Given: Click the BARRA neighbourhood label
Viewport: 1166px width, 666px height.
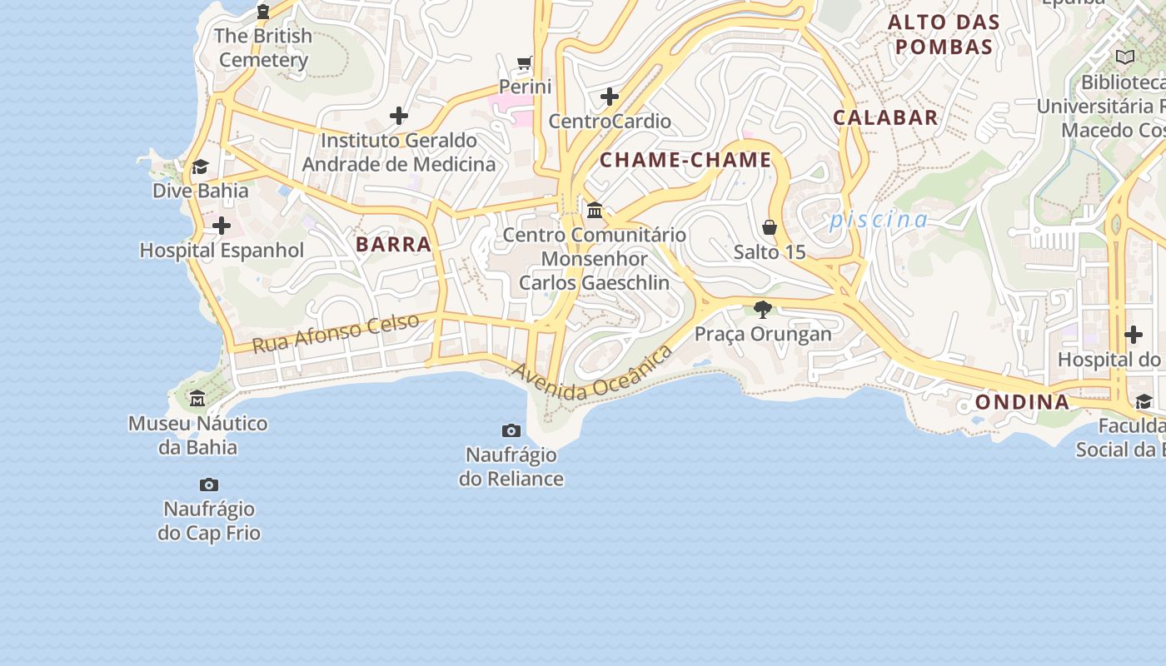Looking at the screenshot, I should [393, 244].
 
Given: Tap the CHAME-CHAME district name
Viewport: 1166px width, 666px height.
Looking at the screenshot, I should [685, 160].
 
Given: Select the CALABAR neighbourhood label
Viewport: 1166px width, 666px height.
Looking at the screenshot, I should [885, 117].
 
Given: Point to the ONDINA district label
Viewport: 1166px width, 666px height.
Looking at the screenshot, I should [1022, 402].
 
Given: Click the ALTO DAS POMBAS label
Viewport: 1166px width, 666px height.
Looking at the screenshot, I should [944, 34].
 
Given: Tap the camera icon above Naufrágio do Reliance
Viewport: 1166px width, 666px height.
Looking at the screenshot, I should [511, 430].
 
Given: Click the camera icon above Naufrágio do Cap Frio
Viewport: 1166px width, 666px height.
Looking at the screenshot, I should [209, 485].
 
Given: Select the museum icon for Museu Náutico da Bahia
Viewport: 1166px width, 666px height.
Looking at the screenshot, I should [197, 399].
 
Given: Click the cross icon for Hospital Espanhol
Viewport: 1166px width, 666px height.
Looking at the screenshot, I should [222, 226].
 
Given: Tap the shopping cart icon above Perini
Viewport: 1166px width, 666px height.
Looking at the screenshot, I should [525, 62].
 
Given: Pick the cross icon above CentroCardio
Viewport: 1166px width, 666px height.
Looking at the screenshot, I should [610, 97].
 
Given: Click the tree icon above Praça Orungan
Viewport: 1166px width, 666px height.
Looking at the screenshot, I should [762, 310].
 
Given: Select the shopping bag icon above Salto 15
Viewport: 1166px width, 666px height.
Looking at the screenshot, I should [770, 227].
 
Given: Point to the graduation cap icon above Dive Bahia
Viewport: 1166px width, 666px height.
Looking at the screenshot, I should [200, 167].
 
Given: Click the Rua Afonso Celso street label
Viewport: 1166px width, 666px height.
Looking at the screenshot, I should [335, 333].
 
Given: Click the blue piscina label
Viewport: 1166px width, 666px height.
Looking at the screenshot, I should [878, 220].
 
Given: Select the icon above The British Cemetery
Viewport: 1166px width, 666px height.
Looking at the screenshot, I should [263, 12].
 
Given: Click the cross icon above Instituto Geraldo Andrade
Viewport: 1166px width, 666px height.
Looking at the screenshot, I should [399, 116].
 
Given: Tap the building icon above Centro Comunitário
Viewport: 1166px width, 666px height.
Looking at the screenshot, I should [595, 210].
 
